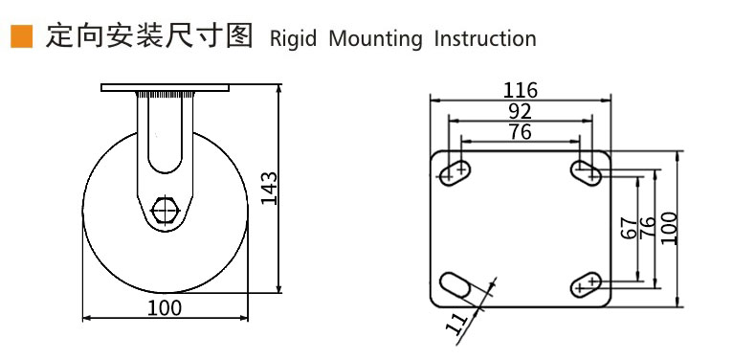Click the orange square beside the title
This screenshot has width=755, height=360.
(x=22, y=36)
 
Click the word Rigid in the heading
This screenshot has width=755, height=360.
(x=293, y=39)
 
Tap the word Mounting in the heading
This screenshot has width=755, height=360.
(x=375, y=39)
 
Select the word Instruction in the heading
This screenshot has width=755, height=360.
(x=485, y=38)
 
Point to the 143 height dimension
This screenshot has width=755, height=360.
(x=270, y=189)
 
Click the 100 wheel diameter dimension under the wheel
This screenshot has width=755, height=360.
(x=165, y=308)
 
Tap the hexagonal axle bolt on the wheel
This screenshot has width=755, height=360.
(x=166, y=210)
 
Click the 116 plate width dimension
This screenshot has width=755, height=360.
(x=520, y=90)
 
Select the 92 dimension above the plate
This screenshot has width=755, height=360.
(x=520, y=111)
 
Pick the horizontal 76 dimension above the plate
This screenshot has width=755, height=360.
(x=520, y=131)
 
